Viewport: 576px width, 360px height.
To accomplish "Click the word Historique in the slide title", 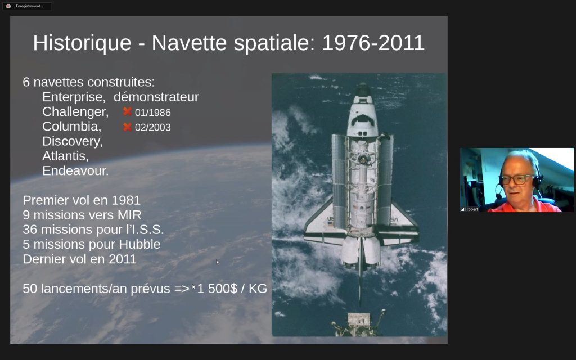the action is click(x=82, y=43).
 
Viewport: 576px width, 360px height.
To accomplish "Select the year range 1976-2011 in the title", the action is click(x=373, y=43).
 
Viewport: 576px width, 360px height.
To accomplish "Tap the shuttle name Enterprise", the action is click(x=74, y=97).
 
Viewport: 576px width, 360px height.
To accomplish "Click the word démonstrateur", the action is click(x=156, y=97).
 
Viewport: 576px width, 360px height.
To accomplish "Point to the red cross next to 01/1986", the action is click(x=128, y=111).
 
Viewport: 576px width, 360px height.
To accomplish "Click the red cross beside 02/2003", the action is click(x=128, y=127).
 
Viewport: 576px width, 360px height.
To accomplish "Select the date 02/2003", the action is click(x=153, y=127).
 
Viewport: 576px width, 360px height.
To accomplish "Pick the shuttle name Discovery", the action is click(x=73, y=141).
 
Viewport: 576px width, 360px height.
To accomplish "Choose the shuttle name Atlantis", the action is click(x=65, y=156).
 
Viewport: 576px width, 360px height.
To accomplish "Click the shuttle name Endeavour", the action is click(x=75, y=171).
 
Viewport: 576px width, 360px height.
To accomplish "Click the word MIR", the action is click(x=129, y=215).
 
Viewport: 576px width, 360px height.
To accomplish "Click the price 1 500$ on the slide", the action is click(x=218, y=289).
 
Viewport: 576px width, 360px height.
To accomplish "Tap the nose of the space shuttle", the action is click(x=363, y=89).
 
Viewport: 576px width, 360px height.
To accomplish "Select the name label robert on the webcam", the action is click(x=472, y=209).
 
